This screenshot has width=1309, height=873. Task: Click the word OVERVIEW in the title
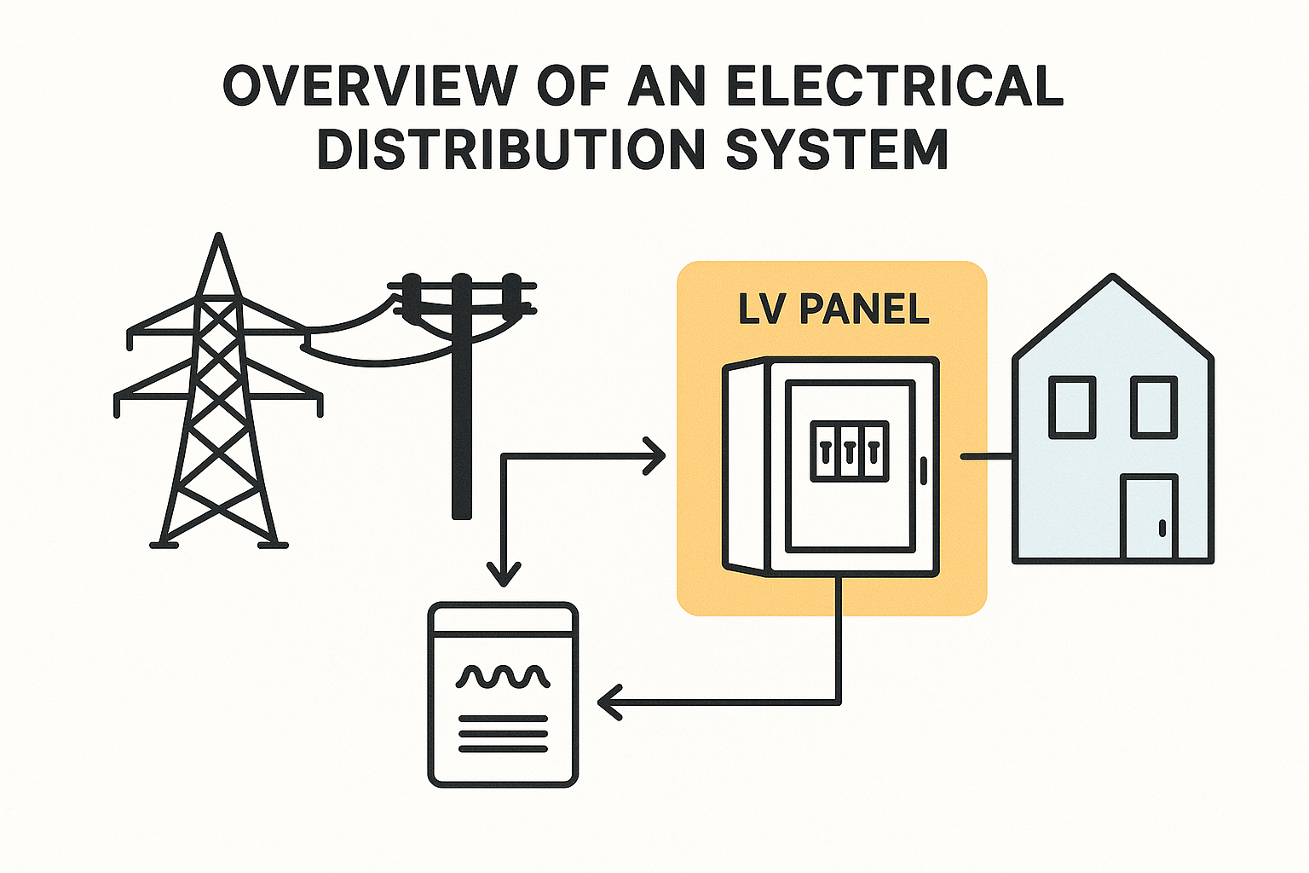click(x=370, y=85)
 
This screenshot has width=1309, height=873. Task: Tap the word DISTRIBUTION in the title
click(x=511, y=149)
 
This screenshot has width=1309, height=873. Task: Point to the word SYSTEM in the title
click(x=837, y=149)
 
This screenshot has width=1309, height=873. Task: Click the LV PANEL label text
click(x=833, y=309)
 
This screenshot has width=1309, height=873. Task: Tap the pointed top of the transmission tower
click(x=219, y=239)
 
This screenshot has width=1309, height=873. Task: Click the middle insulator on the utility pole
click(x=461, y=286)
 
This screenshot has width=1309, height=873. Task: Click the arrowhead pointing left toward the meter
click(x=608, y=702)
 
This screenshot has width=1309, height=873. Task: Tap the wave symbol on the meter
click(x=503, y=677)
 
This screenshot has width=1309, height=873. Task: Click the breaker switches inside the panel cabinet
click(x=849, y=451)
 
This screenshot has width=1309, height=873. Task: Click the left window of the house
click(x=1072, y=407)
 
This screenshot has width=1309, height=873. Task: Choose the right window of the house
click(x=1154, y=407)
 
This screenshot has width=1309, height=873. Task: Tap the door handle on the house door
click(x=1162, y=528)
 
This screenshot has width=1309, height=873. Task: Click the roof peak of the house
click(x=1112, y=278)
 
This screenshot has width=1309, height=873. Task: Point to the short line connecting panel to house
click(x=986, y=457)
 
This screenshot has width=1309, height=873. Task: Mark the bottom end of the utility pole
click(x=461, y=513)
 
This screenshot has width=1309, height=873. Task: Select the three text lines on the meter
click(x=503, y=734)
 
